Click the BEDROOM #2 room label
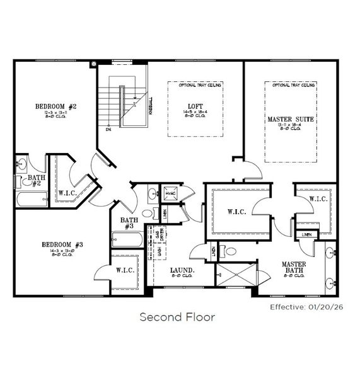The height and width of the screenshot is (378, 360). (55, 107)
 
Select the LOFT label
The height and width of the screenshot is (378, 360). (194, 106)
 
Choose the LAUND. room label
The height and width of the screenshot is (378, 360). (183, 271)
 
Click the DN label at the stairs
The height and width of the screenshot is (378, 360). (108, 130)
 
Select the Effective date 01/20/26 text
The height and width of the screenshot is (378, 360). (305, 308)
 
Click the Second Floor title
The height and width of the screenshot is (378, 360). (177, 316)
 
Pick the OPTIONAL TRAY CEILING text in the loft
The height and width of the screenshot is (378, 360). (194, 84)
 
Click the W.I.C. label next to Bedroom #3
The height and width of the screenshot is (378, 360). (124, 270)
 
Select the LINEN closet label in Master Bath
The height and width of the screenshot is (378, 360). (306, 234)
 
